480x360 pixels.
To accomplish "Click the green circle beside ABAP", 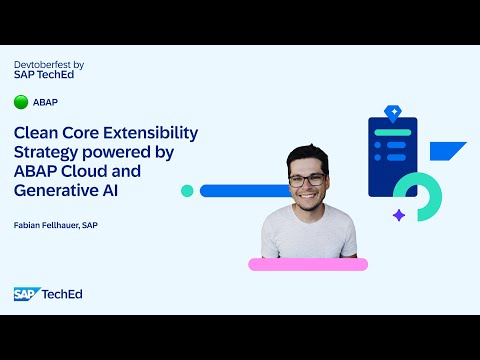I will coord(21,102).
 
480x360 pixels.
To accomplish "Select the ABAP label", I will coord(45,102).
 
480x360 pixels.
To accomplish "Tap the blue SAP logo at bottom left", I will coord(25,293).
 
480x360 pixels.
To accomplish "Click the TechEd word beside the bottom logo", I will coord(62,293).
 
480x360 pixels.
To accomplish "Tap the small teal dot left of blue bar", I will coord(187,190).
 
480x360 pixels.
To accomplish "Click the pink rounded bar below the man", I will coord(308,264).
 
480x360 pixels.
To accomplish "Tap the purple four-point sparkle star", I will coord(399,215).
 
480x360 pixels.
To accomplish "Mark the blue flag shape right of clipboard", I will coord(446,153).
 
